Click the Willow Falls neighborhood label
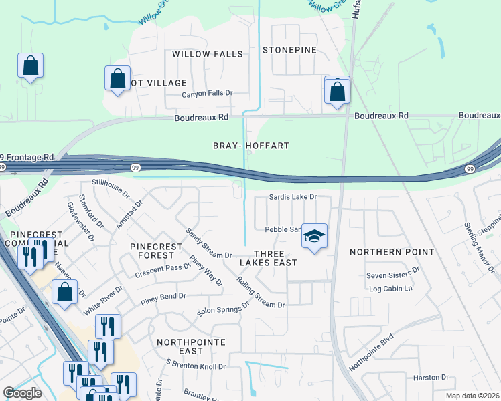[207, 53]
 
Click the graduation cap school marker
[314, 237]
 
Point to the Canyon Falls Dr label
[207, 94]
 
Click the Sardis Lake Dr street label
[292, 197]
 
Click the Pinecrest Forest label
[156, 251]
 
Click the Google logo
[22, 393]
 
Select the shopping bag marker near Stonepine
[337, 91]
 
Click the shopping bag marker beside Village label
[117, 79]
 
